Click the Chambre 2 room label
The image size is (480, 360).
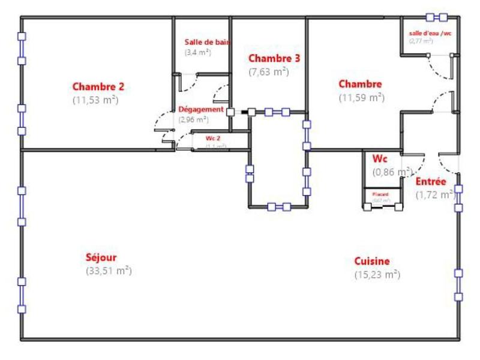(98, 86)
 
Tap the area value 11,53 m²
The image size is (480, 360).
(95, 100)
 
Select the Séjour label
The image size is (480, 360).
(101, 257)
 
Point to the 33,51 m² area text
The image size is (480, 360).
(109, 271)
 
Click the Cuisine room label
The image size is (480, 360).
(371, 261)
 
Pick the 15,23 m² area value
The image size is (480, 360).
(377, 274)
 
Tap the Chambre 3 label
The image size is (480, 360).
(274, 58)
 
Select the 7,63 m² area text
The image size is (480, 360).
(269, 71)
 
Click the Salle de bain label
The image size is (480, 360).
(207, 42)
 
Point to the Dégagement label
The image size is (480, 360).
(201, 110)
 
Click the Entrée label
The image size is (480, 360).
(431, 181)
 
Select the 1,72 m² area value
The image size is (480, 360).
(435, 194)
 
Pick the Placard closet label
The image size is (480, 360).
(380, 194)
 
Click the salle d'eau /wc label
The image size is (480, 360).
(430, 34)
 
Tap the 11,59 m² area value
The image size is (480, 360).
(361, 97)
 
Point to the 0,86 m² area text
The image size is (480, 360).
(392, 172)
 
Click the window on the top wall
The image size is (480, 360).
(436, 17)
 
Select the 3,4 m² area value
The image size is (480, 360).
(197, 52)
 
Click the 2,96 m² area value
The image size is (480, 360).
(193, 119)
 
